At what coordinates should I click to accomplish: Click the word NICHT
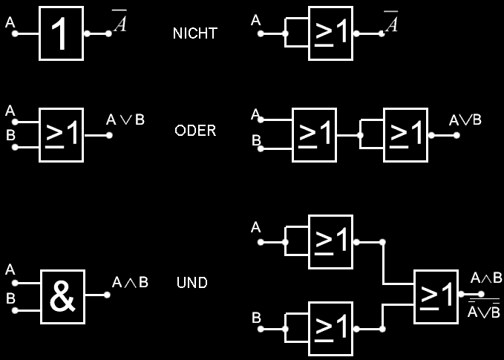click(x=194, y=34)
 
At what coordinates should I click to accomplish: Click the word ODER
click(x=194, y=131)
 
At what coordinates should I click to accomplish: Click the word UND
click(x=192, y=283)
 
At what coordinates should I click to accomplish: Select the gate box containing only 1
click(x=61, y=34)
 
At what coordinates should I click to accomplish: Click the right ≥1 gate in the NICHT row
click(x=331, y=34)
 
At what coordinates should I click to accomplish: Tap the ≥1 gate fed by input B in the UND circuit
click(x=331, y=327)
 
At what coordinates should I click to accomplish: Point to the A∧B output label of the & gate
click(x=130, y=282)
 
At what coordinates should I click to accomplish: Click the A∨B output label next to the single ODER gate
click(x=124, y=119)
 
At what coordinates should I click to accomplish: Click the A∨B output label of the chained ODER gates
click(x=466, y=120)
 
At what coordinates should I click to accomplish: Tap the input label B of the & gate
click(x=10, y=298)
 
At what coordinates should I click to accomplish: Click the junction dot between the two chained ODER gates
click(x=359, y=136)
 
